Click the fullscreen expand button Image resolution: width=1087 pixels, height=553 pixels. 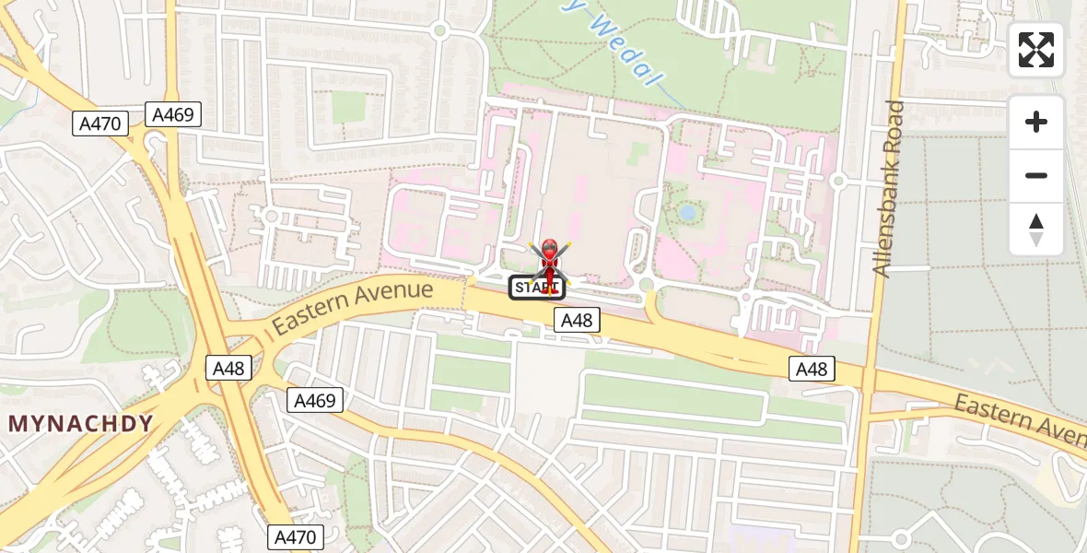1036,50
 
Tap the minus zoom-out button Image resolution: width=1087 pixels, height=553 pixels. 1036,175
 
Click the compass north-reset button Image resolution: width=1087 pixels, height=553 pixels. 1036,229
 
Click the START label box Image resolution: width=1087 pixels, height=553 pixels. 536,288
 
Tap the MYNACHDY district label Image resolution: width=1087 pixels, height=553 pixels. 80,424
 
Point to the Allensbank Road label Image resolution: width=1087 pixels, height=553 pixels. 890,189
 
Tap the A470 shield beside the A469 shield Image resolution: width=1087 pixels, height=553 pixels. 100,124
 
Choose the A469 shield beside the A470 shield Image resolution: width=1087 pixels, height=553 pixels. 173,114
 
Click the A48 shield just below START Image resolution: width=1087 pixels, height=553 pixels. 577,320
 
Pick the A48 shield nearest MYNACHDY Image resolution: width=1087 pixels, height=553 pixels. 228,368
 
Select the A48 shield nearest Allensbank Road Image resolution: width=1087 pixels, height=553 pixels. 812,369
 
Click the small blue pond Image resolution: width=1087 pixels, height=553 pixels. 687,212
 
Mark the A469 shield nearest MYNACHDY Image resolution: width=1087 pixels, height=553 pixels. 315,400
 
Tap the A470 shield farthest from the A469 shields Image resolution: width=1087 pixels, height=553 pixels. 296,536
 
